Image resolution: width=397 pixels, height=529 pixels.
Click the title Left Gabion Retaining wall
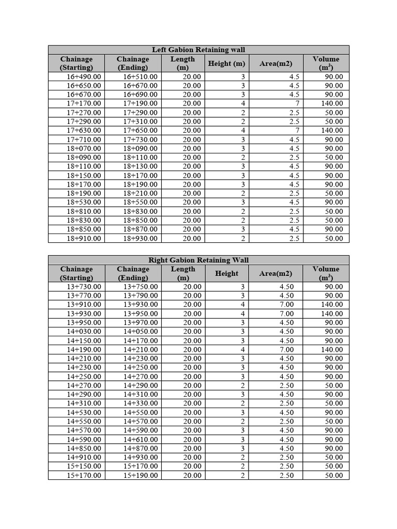coord(198,50)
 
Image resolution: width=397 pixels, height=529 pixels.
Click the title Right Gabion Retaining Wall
coord(198,260)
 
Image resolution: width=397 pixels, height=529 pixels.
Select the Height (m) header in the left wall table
coord(226,64)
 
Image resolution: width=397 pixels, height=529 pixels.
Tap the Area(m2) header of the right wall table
coord(276,273)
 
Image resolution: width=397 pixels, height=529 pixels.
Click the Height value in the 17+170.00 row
coord(243,103)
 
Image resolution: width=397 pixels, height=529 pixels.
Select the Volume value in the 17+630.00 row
coord(333,130)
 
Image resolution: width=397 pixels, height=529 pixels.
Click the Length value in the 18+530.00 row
coord(192,202)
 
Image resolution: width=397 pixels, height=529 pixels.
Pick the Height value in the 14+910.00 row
coord(242,457)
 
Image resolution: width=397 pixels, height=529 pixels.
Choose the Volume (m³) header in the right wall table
coord(326,273)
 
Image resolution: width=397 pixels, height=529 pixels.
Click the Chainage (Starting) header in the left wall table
coord(77,63)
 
